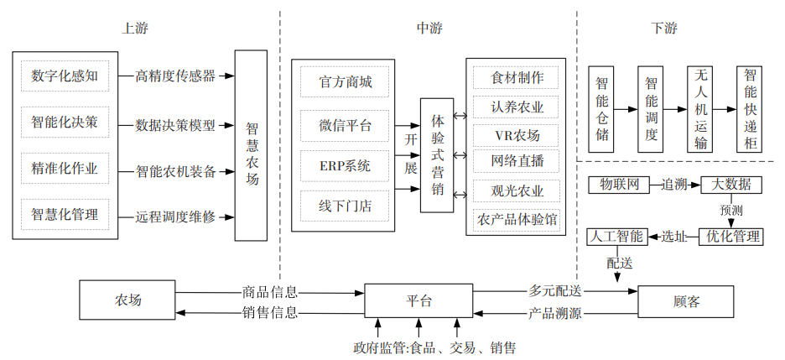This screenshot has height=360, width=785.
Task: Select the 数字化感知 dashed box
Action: pos(65,76)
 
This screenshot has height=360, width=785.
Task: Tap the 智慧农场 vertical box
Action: pos(252,146)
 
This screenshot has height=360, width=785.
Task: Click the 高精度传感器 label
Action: pos(175,76)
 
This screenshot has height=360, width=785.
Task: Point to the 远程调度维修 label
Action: pos(175,217)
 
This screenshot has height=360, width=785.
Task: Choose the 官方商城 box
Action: pos(345,82)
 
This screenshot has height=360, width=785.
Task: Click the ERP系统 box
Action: pos(345,165)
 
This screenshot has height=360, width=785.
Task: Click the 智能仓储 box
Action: pos(601,108)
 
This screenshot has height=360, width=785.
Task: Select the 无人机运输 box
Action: pos(700,108)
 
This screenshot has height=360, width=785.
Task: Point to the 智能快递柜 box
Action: pos(751,108)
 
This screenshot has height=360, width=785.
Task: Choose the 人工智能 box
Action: pos(616,237)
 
